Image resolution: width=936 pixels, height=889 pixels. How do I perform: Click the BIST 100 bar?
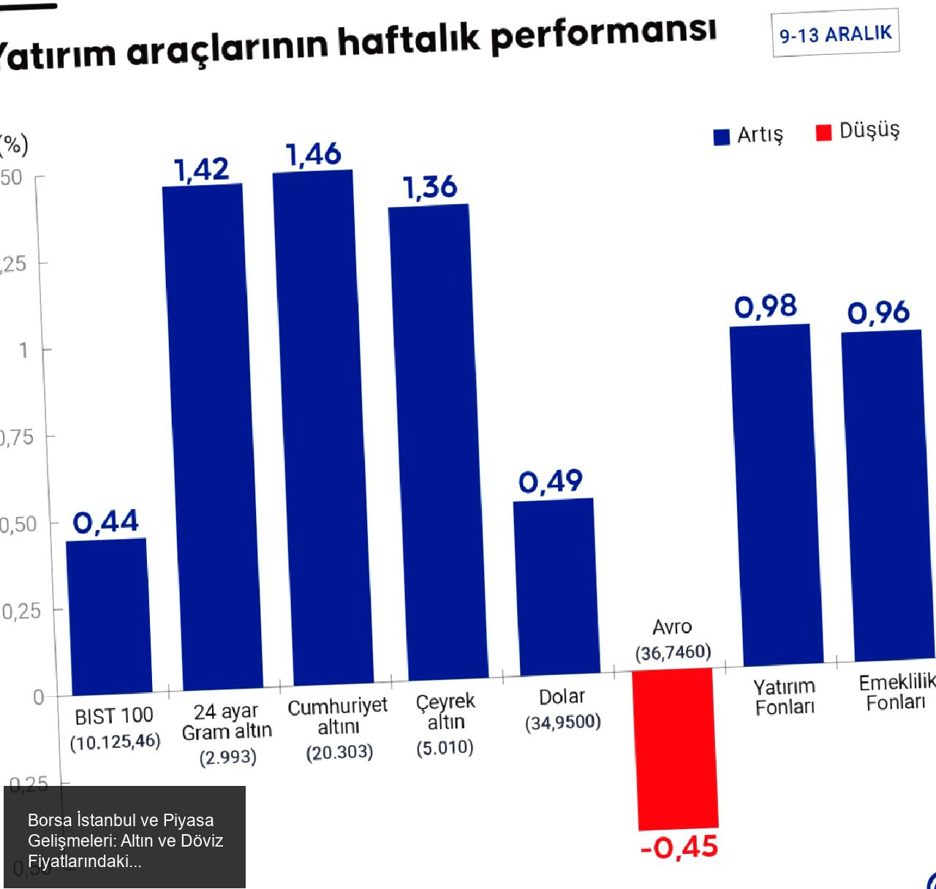pos(108,616)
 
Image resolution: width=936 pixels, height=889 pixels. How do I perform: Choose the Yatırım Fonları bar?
pos(777,495)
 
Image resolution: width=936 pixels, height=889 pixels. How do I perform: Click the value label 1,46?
pos(313,154)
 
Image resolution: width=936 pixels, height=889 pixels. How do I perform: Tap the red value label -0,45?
pos(679,847)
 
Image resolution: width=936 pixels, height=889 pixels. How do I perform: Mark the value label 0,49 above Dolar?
pos(551,482)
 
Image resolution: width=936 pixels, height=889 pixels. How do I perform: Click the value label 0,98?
pos(766,306)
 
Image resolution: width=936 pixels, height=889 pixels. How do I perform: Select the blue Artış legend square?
pos(722,137)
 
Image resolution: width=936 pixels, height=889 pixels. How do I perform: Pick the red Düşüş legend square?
pos(823,132)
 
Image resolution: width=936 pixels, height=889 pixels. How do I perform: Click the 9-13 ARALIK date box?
pos(835,34)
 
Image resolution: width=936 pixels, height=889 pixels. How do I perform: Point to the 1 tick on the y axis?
pos(23,350)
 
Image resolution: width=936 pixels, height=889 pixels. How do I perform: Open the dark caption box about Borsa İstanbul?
pos(124,837)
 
